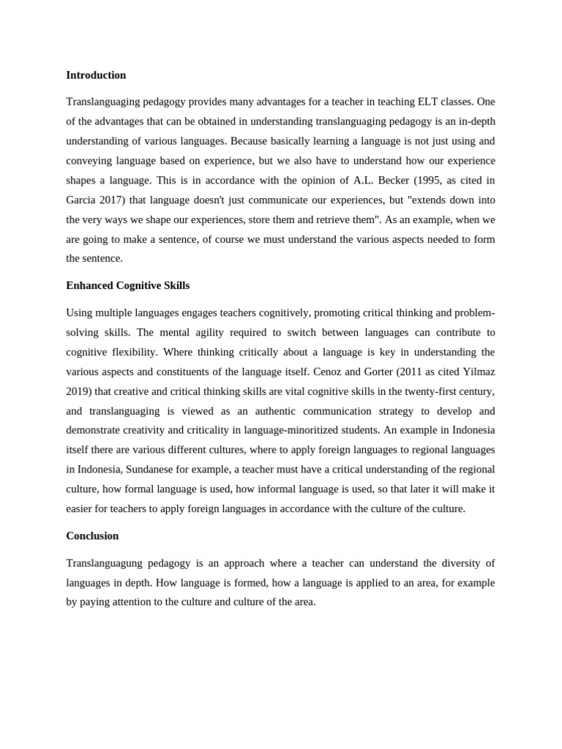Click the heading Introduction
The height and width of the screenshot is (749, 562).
pos(96,75)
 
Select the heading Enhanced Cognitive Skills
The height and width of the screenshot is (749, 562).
pos(127,285)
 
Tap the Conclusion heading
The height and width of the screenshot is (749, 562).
pos(92,535)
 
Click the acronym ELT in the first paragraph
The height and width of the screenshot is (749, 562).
pos(424,102)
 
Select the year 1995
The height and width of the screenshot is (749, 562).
pos(422,181)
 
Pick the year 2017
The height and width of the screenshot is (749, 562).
pos(113,200)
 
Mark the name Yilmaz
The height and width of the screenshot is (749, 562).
pos(476,372)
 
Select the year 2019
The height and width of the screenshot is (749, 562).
pos(78,391)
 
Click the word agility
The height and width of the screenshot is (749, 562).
pos(195,332)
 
